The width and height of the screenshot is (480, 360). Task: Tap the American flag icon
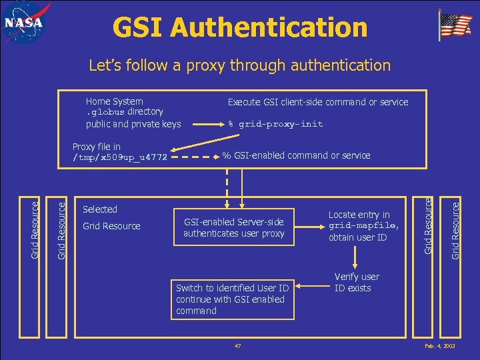click(455, 25)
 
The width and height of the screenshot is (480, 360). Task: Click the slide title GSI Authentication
click(240, 27)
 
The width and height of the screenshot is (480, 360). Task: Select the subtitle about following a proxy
click(240, 65)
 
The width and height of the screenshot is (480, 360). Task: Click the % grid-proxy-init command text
click(275, 124)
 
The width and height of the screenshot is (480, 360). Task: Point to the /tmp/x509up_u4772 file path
click(120, 158)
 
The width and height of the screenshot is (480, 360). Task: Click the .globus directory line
click(125, 112)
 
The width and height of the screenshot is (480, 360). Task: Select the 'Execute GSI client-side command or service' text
click(318, 102)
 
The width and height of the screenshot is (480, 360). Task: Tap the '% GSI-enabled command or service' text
click(296, 155)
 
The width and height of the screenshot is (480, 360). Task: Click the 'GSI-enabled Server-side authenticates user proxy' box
click(233, 227)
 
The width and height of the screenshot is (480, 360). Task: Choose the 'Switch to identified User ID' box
click(231, 299)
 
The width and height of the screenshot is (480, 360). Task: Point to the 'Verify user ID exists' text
click(357, 282)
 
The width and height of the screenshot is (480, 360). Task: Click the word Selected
click(100, 209)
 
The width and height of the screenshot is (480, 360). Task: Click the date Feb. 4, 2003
click(439, 347)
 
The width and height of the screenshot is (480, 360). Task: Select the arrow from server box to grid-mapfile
click(309, 227)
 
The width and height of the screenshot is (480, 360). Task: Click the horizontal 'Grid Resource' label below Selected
click(111, 226)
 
